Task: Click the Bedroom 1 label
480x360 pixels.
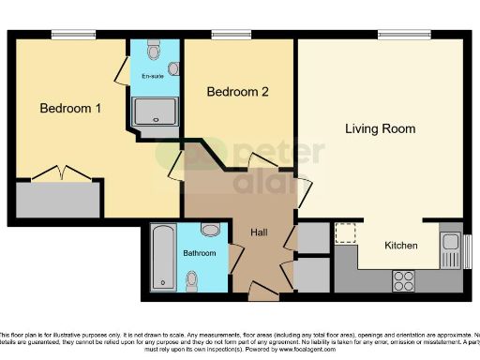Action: click(70, 109)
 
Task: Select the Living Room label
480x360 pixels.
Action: click(380, 128)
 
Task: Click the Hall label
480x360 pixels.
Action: click(261, 232)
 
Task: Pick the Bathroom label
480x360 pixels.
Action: click(200, 253)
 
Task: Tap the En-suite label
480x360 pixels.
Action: click(152, 75)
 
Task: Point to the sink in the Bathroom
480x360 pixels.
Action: click(211, 230)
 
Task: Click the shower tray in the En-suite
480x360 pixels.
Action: click(154, 112)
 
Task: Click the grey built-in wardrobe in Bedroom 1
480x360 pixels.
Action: click(55, 198)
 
